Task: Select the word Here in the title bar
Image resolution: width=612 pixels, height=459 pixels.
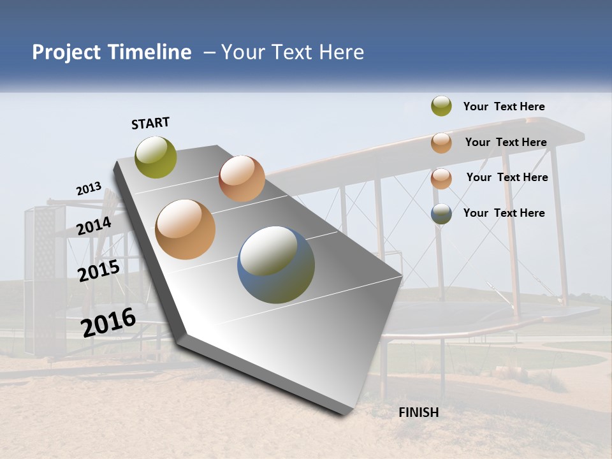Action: (x=341, y=52)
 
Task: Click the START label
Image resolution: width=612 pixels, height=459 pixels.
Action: (x=150, y=123)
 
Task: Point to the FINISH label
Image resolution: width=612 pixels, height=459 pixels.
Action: (x=419, y=412)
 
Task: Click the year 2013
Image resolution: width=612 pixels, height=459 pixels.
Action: (x=89, y=189)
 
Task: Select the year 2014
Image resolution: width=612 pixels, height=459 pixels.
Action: (x=94, y=226)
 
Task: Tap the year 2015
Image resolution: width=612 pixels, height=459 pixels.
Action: (x=99, y=271)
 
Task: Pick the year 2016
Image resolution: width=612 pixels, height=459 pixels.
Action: (x=108, y=322)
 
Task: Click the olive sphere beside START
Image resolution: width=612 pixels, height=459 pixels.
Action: (x=156, y=157)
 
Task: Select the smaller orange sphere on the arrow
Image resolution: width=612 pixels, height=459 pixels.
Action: (x=242, y=178)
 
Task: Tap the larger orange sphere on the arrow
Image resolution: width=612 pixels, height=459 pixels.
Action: (x=186, y=229)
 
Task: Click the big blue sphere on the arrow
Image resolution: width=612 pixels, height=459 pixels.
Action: (x=276, y=265)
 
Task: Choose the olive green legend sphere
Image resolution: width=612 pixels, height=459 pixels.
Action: (x=441, y=106)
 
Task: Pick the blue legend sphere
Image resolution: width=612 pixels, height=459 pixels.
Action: (x=441, y=214)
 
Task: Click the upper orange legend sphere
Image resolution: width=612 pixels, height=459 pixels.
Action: (x=441, y=143)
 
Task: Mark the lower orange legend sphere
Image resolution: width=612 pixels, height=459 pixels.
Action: (x=441, y=178)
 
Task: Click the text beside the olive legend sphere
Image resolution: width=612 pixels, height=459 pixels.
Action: (x=504, y=106)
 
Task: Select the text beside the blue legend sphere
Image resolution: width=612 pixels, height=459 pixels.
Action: (x=504, y=213)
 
